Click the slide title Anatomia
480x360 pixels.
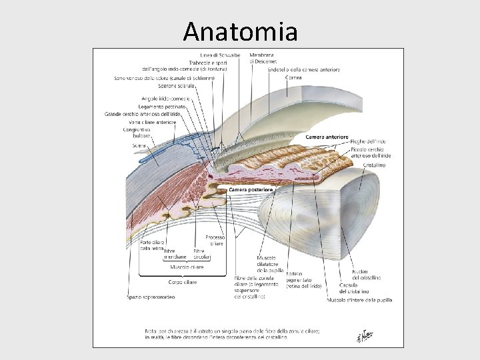[241, 31]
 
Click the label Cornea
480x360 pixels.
[293, 77]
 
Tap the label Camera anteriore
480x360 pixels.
[327, 137]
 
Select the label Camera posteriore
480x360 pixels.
[250, 189]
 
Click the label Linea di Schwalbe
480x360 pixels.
[221, 55]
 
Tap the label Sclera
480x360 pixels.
[139, 145]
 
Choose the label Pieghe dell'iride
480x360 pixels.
[368, 141]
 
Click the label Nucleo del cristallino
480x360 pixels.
[361, 274]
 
